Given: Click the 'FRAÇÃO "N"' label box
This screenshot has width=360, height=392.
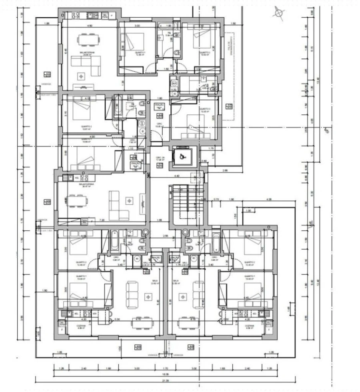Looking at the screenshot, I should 159,106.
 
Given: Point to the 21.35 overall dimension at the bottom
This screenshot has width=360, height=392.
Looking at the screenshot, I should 165,381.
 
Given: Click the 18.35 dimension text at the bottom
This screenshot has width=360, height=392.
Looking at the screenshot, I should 165,374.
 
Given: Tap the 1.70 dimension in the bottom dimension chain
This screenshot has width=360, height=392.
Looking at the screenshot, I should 165,368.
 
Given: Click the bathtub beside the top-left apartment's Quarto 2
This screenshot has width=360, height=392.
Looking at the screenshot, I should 118,106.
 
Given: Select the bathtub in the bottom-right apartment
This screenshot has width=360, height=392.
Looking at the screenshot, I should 216,242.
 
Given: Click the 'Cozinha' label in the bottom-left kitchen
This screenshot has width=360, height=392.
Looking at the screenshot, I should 70,327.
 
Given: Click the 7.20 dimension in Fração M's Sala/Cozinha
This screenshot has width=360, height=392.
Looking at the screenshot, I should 102,220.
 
